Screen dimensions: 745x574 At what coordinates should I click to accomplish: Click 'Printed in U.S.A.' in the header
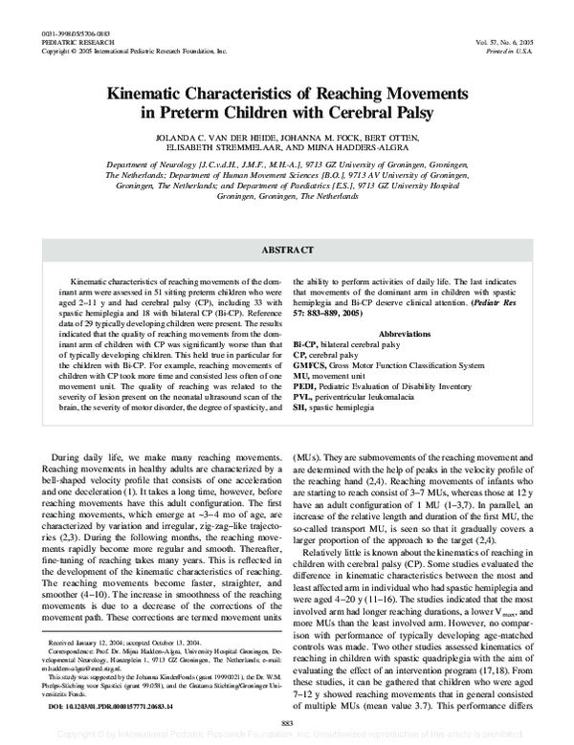click(x=532, y=24)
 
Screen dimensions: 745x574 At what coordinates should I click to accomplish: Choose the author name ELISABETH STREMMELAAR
click(x=232, y=148)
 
